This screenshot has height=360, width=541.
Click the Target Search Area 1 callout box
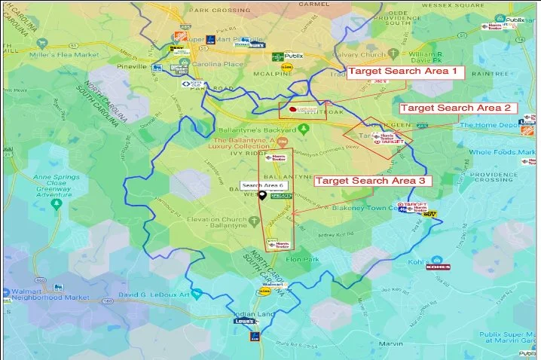(x=405, y=71)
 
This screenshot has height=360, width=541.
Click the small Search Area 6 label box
(x=262, y=185)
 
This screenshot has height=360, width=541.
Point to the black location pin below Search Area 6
(x=261, y=195)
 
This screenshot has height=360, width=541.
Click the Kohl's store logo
(x=437, y=267)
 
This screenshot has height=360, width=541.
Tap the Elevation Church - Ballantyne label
(x=224, y=224)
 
